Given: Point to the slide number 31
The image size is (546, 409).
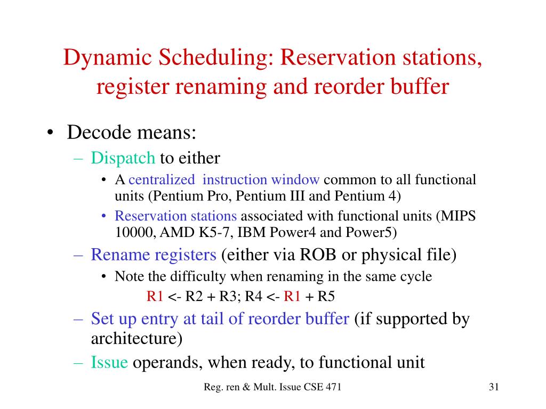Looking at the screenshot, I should [493, 387].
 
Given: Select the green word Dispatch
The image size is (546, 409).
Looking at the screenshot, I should [123, 158].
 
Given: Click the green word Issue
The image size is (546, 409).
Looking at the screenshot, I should [109, 363].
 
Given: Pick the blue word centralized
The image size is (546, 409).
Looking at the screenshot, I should [162, 179].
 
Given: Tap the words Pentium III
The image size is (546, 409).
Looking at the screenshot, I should [271, 195].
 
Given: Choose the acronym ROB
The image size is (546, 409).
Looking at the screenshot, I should [318, 255].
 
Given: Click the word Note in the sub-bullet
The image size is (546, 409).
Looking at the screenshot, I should [126, 276].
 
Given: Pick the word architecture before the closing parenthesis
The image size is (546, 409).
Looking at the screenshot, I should [133, 339].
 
